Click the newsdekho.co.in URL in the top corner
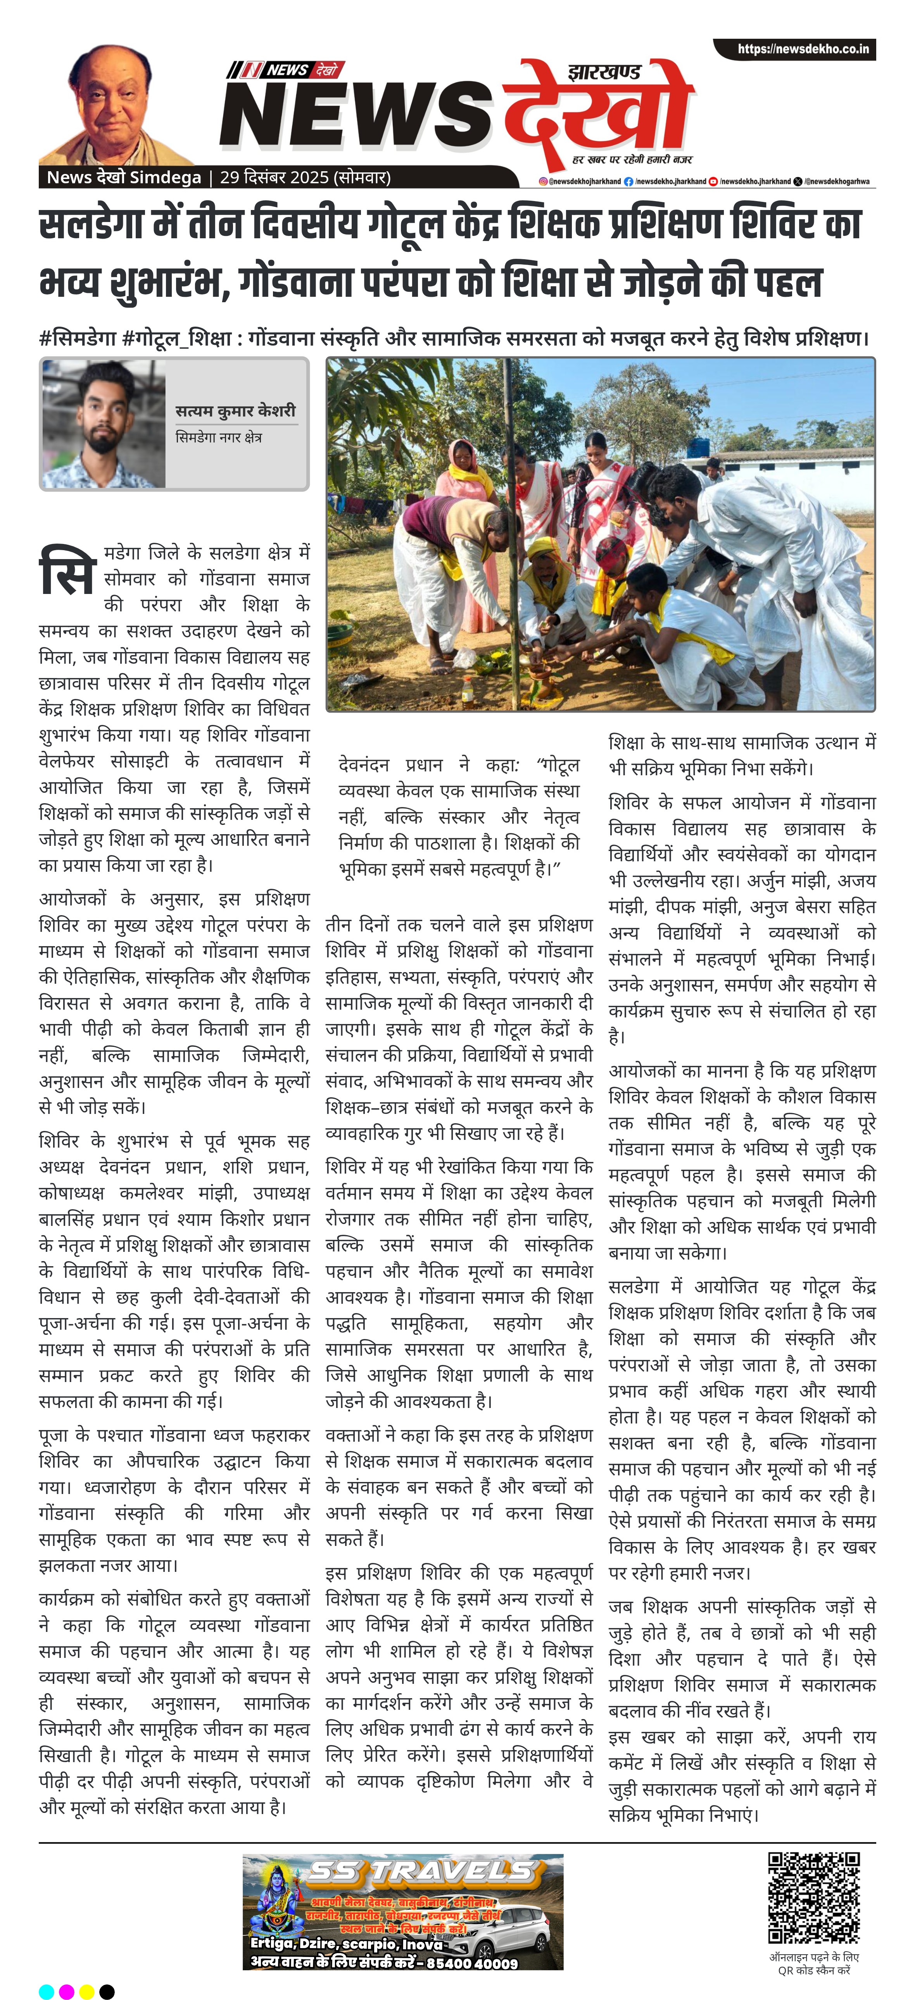(x=803, y=49)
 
